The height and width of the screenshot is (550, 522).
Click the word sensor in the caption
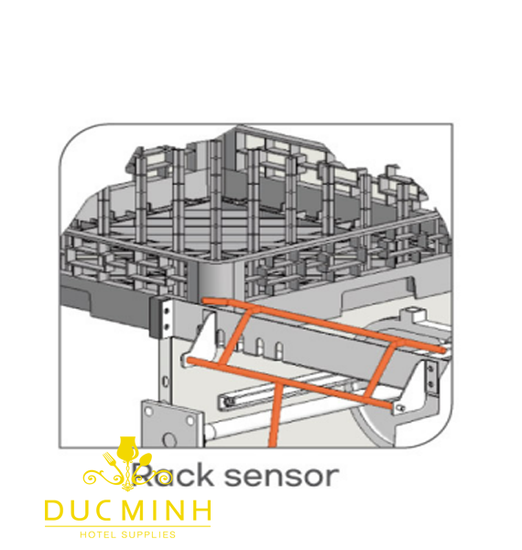pos(281,477)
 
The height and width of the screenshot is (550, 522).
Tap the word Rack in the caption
pos(171,475)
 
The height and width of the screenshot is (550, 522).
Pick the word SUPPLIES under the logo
pos(148,535)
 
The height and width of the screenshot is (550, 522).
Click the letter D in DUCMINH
pos(54,511)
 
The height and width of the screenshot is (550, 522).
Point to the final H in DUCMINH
pos(202,511)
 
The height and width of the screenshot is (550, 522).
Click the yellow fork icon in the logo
pos(112,462)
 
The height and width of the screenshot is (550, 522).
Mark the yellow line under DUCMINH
pos(128,526)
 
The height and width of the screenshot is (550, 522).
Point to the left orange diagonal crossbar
pos(235,337)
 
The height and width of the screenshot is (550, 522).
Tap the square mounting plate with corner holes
pos(172,423)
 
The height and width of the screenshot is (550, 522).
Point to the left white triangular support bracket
pos(200,340)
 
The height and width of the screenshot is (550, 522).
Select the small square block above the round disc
pos(413,313)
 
